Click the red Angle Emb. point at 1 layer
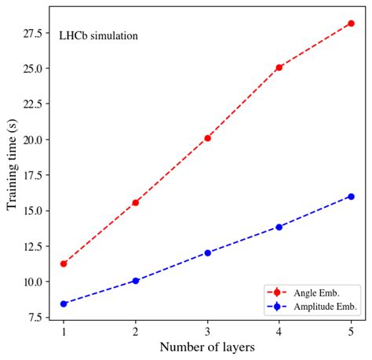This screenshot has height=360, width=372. (x=64, y=264)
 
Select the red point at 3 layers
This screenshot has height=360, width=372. (x=207, y=138)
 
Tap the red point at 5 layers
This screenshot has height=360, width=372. (x=351, y=24)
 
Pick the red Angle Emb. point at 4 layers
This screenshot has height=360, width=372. (x=279, y=67)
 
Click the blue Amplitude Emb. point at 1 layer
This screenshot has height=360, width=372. (x=64, y=304)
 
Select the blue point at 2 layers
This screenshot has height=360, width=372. (x=136, y=280)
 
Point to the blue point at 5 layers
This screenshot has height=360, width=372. (x=351, y=196)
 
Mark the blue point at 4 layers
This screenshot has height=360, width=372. (x=279, y=227)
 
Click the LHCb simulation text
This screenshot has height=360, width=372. (x=99, y=35)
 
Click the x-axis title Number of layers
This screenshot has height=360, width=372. (x=206, y=347)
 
